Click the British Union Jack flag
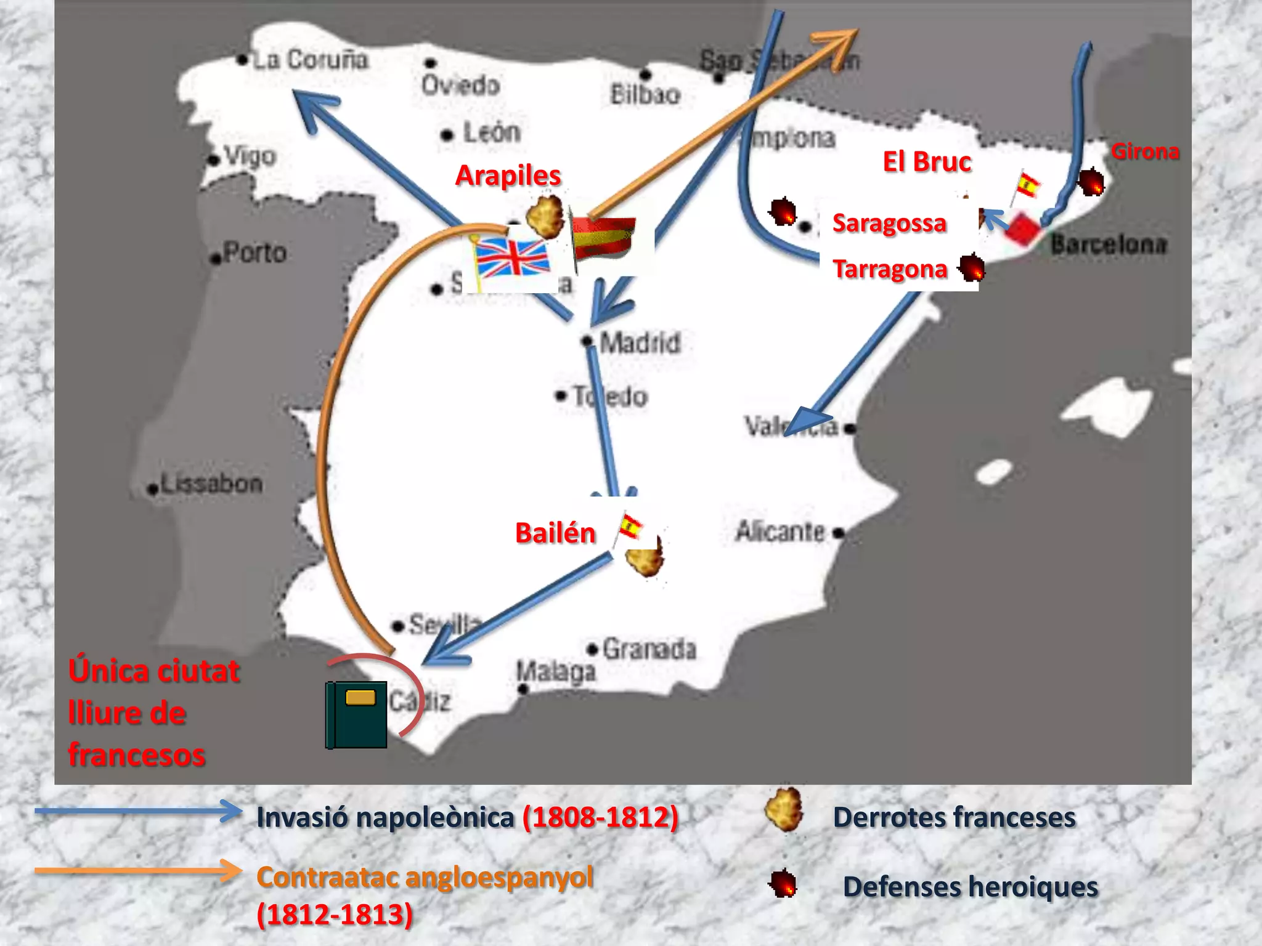pos(511,259)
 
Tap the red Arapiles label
pos(508,176)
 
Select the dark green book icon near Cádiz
pos(356,714)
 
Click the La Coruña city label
pos(310,60)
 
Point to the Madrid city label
pos(640,343)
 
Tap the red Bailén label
pos(555,533)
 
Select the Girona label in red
pos(1145,152)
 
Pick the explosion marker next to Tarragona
pos(972,269)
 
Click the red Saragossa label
pos(889,223)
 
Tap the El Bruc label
pos(927,162)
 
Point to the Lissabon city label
pos(211,484)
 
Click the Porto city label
pos(254,253)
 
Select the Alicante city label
pos(780,532)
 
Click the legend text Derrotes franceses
pos(954,818)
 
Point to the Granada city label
pos(649,649)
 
